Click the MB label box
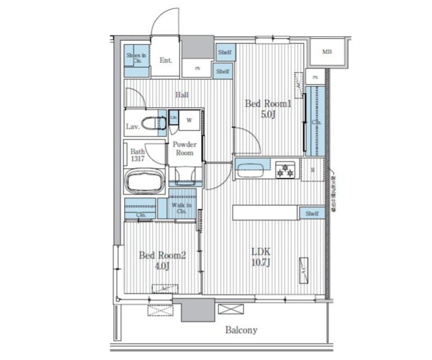327,52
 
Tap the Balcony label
241,330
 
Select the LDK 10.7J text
260,257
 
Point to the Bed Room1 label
268,108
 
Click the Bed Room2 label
162,260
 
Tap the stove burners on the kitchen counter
285,169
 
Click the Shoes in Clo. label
136,58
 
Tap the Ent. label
166,60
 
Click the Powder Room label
185,148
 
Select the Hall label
182,95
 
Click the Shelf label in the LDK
312,214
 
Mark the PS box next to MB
315,77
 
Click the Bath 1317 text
137,155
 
